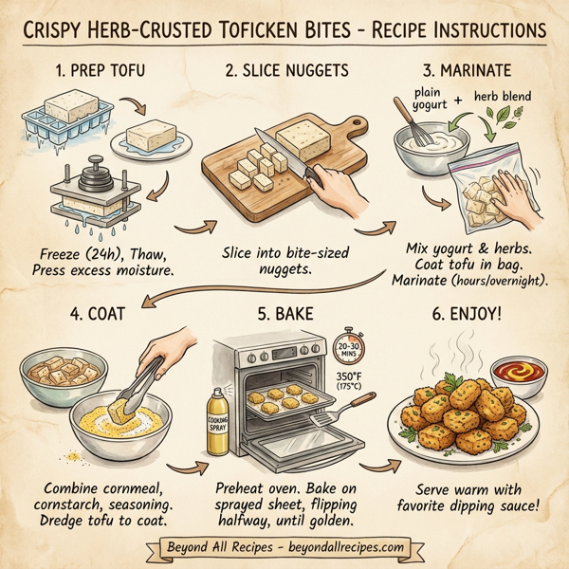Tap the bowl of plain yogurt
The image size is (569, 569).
coord(426,146)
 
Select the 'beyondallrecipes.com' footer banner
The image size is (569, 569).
coord(284,547)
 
